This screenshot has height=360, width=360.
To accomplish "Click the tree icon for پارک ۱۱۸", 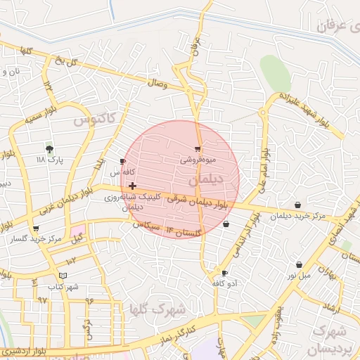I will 49,149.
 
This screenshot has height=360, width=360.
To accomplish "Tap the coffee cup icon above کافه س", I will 123,162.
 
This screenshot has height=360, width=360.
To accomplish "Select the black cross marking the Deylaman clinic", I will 132,186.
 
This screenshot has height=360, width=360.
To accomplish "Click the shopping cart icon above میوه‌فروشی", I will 198,149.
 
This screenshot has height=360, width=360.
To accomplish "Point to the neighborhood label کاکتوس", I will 94,120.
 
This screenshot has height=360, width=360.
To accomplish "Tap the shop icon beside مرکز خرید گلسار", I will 36,229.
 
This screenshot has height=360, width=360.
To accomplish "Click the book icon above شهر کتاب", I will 64,275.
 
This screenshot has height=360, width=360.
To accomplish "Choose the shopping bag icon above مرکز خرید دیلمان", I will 299,205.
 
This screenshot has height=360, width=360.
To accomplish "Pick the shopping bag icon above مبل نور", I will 300,264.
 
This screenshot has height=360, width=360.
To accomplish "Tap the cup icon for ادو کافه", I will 224,273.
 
